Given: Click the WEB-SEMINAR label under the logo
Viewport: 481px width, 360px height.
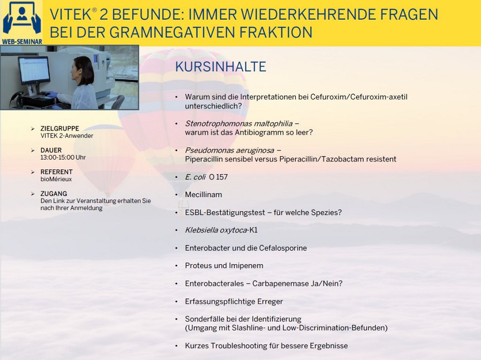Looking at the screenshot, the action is pyautogui.click(x=22, y=41).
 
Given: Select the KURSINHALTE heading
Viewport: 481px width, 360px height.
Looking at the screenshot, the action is pyautogui.click(x=221, y=67).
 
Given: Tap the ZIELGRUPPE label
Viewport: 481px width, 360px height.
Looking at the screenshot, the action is pyautogui.click(x=60, y=129).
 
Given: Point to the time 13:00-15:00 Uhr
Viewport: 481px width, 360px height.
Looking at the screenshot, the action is pyautogui.click(x=63, y=157).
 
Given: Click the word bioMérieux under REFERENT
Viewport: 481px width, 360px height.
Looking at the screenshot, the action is pyautogui.click(x=56, y=179).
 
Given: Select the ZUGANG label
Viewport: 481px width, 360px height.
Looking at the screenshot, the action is pyautogui.click(x=54, y=193).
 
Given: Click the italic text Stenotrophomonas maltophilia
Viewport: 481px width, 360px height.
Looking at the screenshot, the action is pyautogui.click(x=239, y=123).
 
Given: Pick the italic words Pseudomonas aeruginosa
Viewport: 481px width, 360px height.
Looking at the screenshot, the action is pyautogui.click(x=229, y=150).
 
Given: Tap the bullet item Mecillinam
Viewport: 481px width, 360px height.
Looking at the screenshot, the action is pyautogui.click(x=203, y=195).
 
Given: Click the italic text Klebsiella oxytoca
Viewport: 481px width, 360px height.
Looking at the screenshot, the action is pyautogui.click(x=216, y=230).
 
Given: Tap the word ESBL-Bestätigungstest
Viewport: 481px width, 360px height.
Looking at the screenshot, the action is pyautogui.click(x=225, y=213).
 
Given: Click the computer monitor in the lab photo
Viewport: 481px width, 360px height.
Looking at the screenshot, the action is pyautogui.click(x=34, y=70).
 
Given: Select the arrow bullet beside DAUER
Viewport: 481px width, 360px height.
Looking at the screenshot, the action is pyautogui.click(x=33, y=150).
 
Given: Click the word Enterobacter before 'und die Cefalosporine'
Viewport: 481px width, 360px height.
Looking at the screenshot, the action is pyautogui.click(x=207, y=248).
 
